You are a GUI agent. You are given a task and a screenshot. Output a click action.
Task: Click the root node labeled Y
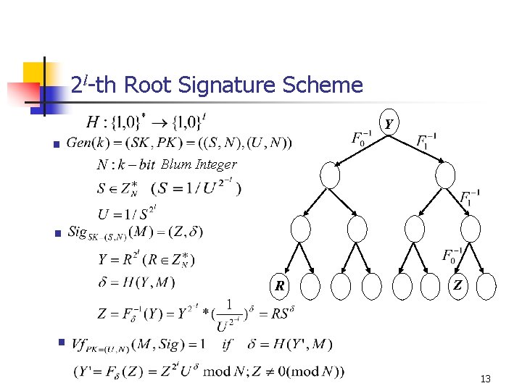coord(389,123)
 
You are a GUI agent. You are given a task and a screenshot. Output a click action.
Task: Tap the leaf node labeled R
coord(280,285)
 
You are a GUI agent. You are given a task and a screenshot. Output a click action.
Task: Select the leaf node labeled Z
coord(458,285)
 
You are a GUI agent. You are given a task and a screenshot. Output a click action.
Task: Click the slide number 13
coord(485,379)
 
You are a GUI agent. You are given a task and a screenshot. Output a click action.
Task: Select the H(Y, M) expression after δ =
coord(149,282)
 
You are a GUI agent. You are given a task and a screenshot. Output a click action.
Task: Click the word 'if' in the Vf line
coord(228,344)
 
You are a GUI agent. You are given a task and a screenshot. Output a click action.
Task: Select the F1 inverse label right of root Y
coord(427,138)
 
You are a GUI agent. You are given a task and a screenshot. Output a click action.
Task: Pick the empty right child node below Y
coord(445,175)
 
